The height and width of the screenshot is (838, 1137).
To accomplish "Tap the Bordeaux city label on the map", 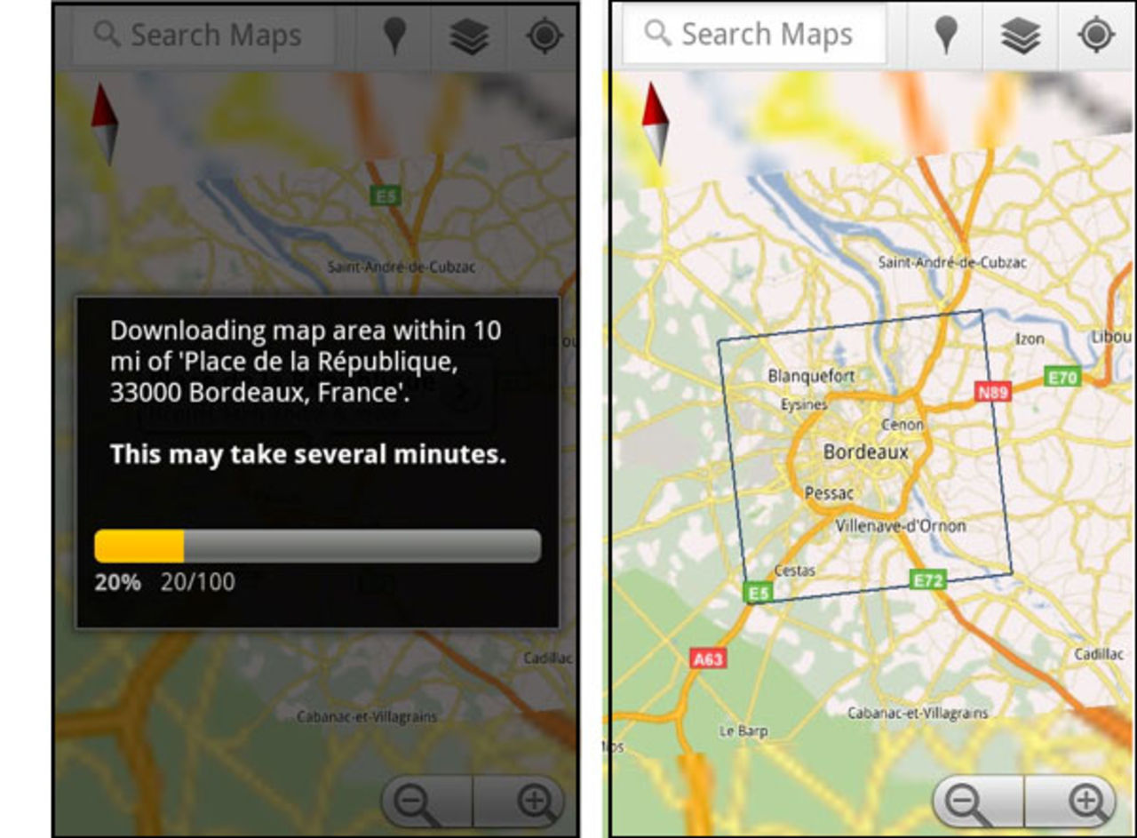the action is pyautogui.click(x=865, y=451).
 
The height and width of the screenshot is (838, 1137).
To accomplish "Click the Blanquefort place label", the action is pyautogui.click(x=810, y=376).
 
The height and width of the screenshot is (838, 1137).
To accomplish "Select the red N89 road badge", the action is pyautogui.click(x=993, y=392).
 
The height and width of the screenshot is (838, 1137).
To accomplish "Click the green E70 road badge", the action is pyautogui.click(x=1061, y=377).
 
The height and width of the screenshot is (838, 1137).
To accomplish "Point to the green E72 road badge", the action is pyautogui.click(x=927, y=580).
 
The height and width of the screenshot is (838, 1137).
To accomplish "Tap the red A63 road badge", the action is pyautogui.click(x=707, y=658).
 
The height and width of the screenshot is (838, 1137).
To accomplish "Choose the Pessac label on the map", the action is pyautogui.click(x=829, y=492).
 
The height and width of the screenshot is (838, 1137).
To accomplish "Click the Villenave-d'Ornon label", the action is pyautogui.click(x=900, y=525).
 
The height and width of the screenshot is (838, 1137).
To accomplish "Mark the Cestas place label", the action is pyautogui.click(x=794, y=571).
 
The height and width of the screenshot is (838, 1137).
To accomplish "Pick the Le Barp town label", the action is pyautogui.click(x=743, y=731).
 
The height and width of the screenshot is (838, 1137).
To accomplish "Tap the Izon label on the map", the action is pyautogui.click(x=1030, y=339).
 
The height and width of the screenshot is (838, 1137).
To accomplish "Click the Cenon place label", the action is pyautogui.click(x=902, y=425).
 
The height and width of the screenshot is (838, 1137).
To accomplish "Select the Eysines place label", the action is pyautogui.click(x=803, y=404).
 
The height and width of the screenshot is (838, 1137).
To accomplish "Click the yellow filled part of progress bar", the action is pyautogui.click(x=139, y=546).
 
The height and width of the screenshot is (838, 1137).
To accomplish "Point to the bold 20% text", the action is pyautogui.click(x=117, y=582).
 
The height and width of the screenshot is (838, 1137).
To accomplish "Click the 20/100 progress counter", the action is pyautogui.click(x=197, y=582).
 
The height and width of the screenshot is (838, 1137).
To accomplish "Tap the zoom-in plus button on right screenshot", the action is pyautogui.click(x=1085, y=802).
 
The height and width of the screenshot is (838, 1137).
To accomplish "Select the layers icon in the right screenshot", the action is pyautogui.click(x=1020, y=36).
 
